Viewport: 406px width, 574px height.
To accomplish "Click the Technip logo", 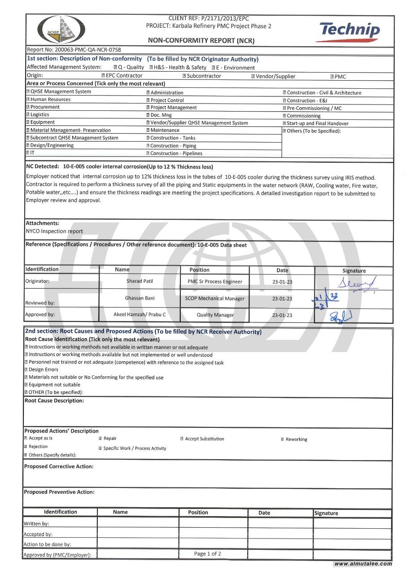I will click(350, 32).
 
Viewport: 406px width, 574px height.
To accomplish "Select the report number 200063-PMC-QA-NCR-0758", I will click(74, 50).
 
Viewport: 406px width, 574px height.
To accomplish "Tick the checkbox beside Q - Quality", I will click(115, 68).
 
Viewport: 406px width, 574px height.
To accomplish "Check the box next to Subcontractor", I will click(184, 76).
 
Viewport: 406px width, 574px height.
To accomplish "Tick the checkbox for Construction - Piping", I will click(148, 146).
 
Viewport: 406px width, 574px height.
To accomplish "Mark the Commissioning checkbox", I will click(284, 116).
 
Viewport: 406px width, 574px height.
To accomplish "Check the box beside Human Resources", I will click(27, 100).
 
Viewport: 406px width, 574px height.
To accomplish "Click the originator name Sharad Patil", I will click(140, 281).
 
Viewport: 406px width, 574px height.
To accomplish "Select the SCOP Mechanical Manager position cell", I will click(215, 299).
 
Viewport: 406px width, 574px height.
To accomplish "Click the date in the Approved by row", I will click(282, 315).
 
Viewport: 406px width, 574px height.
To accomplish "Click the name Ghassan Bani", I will click(140, 298).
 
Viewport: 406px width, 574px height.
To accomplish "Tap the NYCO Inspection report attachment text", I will click(54, 231).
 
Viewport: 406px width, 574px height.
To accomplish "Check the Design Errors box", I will click(26, 370).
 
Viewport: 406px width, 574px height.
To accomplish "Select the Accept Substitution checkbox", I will click(182, 439).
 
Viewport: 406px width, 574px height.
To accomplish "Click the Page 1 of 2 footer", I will click(207, 554).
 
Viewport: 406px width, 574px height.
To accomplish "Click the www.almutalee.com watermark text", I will click(363, 564).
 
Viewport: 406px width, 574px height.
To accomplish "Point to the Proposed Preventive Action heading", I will click(59, 492).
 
